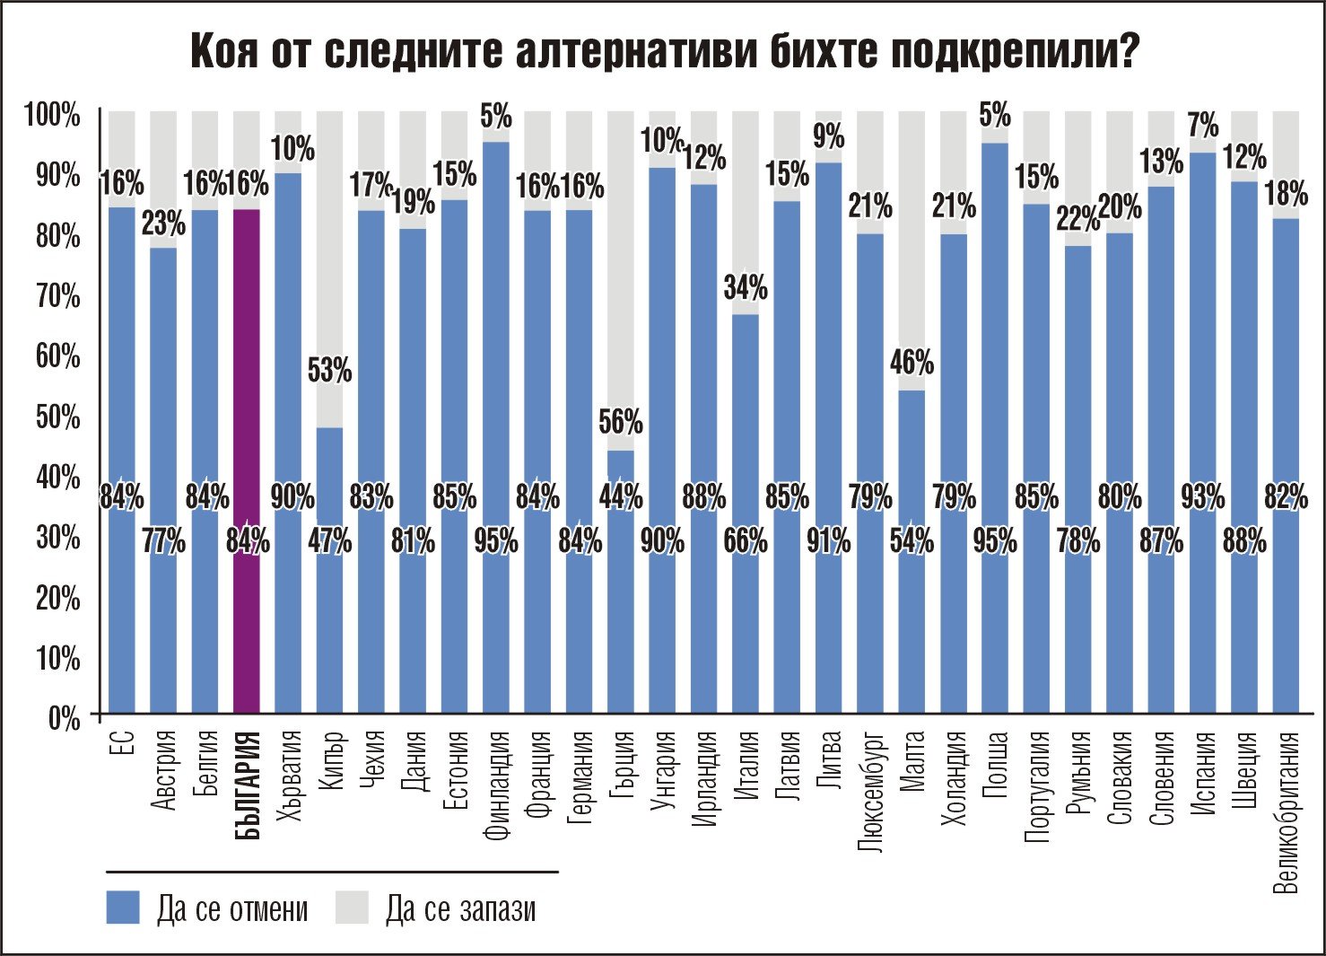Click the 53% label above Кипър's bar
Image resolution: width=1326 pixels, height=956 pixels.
330,370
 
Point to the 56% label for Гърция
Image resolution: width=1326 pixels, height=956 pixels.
621,421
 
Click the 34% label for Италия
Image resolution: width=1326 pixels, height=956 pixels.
746,288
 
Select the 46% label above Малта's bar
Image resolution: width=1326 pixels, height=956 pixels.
912,363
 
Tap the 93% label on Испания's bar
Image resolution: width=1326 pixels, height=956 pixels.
1202,496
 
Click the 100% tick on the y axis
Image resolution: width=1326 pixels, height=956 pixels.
52,115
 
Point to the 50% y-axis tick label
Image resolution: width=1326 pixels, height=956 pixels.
57,417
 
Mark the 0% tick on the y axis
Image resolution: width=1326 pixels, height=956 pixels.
63,719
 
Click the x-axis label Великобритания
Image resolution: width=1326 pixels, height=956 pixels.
1287,813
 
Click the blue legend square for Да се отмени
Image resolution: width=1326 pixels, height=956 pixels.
123,908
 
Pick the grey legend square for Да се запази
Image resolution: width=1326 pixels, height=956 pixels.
353,908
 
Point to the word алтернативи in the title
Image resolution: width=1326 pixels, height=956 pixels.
637,52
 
